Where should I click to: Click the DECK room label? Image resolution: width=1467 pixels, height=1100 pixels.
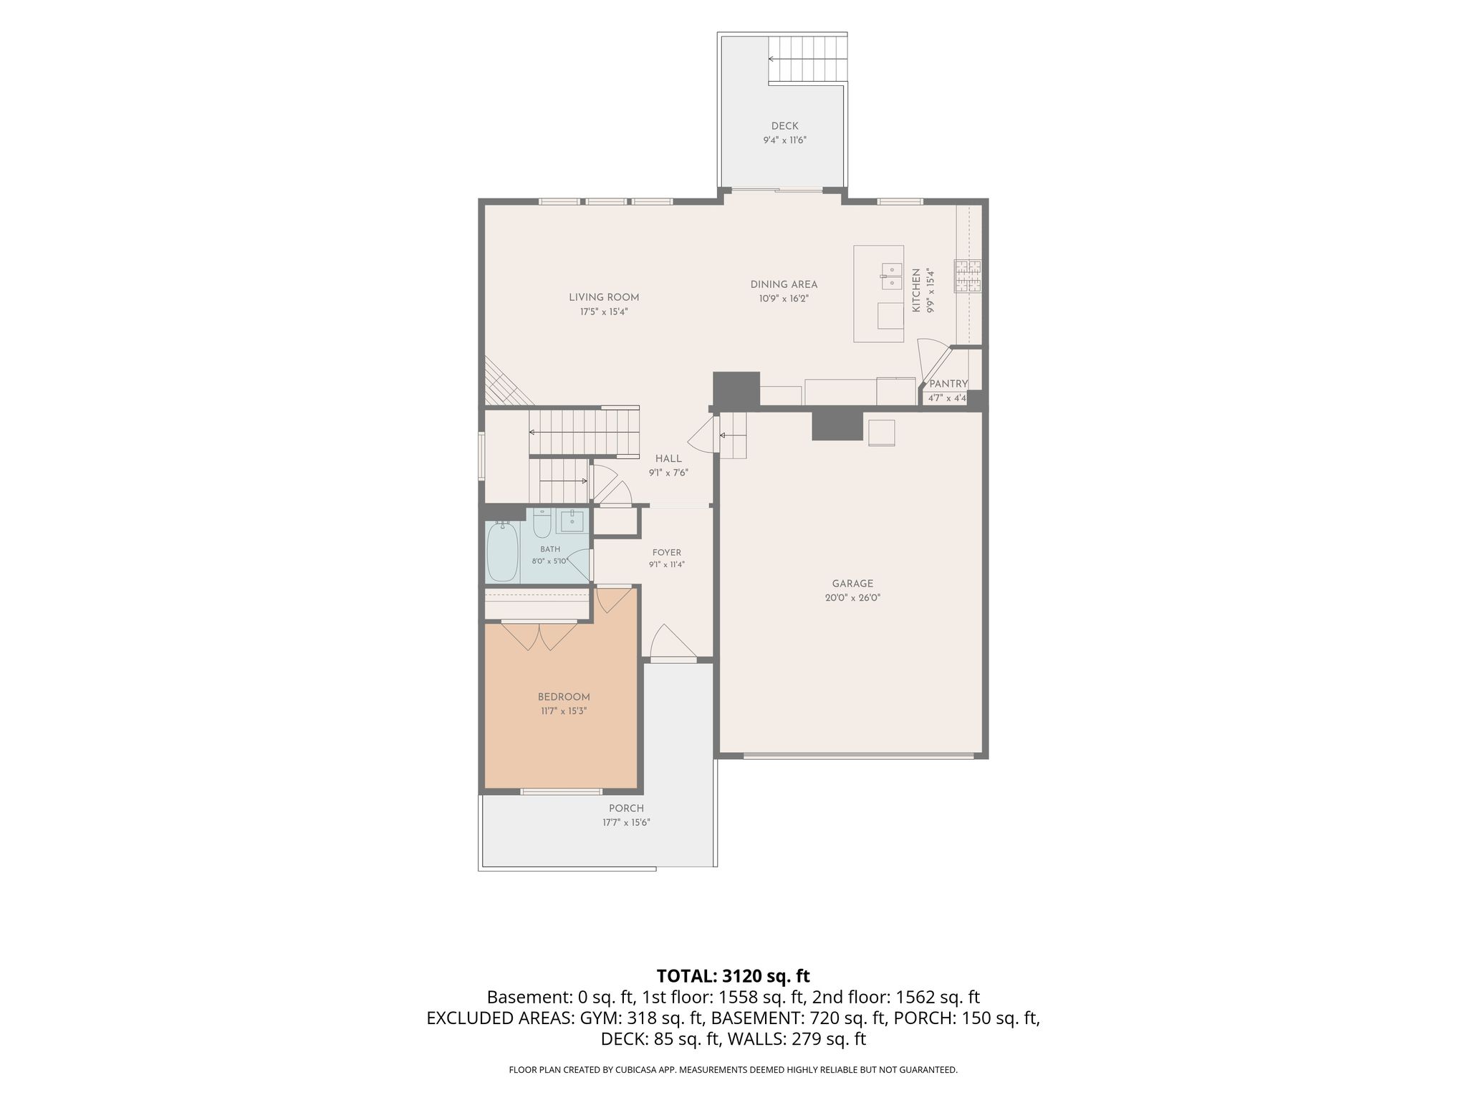tap(784, 126)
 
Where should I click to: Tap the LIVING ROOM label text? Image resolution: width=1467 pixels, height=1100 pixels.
tap(604, 297)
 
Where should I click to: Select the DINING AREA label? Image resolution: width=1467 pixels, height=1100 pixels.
tap(784, 284)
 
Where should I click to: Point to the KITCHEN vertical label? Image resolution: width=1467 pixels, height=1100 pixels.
tap(915, 291)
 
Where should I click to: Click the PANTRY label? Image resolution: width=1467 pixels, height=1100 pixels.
tap(948, 384)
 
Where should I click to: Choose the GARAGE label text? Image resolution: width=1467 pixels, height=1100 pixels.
tap(852, 584)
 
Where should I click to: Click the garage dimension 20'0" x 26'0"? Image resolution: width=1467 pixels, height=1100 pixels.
tap(852, 597)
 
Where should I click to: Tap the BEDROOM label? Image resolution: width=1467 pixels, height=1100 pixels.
tap(564, 697)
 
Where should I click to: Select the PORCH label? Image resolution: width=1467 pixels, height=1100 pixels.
tap(626, 809)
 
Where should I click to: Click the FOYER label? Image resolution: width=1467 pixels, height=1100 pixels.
tap(667, 552)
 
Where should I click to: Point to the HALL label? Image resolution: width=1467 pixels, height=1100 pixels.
tap(668, 458)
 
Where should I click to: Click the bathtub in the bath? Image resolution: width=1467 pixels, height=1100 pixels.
tap(502, 552)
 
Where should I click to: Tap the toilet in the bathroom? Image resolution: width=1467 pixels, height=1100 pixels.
tap(542, 523)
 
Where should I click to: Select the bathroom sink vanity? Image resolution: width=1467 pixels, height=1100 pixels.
tap(572, 521)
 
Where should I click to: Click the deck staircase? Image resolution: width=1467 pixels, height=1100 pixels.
tap(807, 59)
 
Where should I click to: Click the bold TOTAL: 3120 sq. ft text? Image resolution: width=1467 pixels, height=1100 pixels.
tap(733, 975)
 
